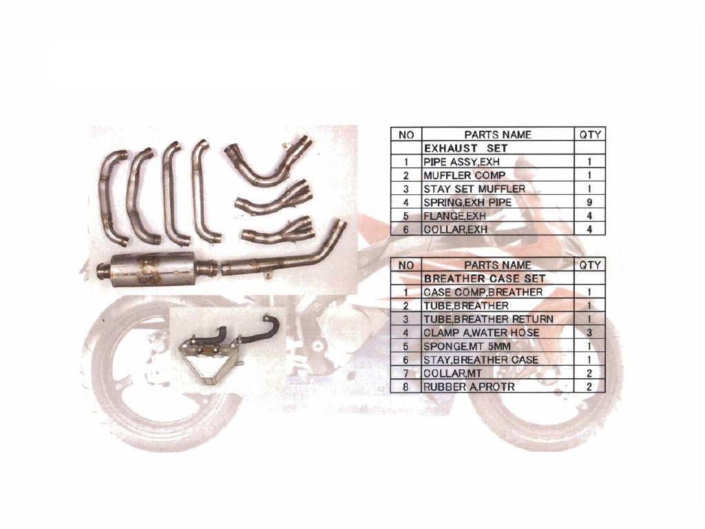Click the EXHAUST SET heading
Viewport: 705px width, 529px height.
pyautogui.click(x=465, y=148)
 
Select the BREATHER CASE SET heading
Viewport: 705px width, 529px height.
pyautogui.click(x=484, y=278)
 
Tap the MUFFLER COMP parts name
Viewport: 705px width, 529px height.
pyautogui.click(x=464, y=175)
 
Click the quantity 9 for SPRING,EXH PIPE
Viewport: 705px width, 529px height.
pyautogui.click(x=589, y=202)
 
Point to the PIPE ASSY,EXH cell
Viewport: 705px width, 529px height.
pyautogui.click(x=461, y=161)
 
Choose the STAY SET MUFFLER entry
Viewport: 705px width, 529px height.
pyautogui.click(x=474, y=189)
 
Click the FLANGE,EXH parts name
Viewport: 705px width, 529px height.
pyautogui.click(x=454, y=216)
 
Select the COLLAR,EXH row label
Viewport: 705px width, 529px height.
pyautogui.click(x=456, y=229)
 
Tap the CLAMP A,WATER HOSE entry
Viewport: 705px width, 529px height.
pyautogui.click(x=481, y=333)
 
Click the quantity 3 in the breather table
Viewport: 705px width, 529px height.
pyautogui.click(x=589, y=333)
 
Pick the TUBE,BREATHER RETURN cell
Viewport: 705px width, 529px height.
pyautogui.click(x=488, y=319)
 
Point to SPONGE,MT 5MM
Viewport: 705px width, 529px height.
pyautogui.click(x=467, y=346)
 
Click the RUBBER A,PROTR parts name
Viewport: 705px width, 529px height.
pyautogui.click(x=468, y=386)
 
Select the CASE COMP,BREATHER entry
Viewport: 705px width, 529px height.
pyautogui.click(x=483, y=292)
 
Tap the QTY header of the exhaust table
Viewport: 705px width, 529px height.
pyautogui.click(x=590, y=134)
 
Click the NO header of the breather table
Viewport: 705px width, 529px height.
pyautogui.click(x=406, y=265)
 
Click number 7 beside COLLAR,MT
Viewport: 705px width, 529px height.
pyautogui.click(x=406, y=373)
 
